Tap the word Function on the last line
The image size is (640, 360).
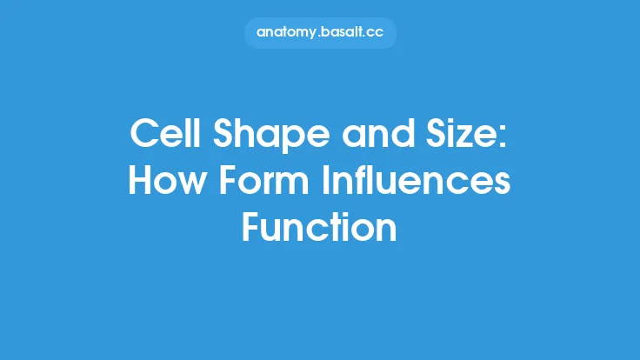click(320, 227)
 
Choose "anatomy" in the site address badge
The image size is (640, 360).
click(288, 33)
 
